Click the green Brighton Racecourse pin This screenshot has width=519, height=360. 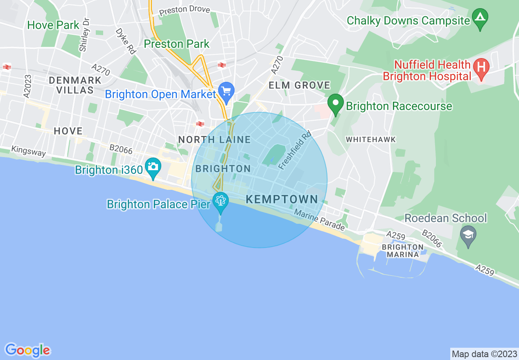(336, 103)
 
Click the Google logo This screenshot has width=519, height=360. (27, 350)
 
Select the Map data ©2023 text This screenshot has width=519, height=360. (483, 353)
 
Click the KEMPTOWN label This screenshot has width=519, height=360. (282, 200)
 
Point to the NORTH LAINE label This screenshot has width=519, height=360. (214, 140)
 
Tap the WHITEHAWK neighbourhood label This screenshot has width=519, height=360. (371, 139)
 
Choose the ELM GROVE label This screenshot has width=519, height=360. (299, 85)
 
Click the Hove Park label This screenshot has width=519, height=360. (53, 25)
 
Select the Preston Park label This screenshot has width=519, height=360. (177, 44)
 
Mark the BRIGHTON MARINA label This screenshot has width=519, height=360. (403, 250)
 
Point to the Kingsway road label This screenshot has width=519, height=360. (29, 151)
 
